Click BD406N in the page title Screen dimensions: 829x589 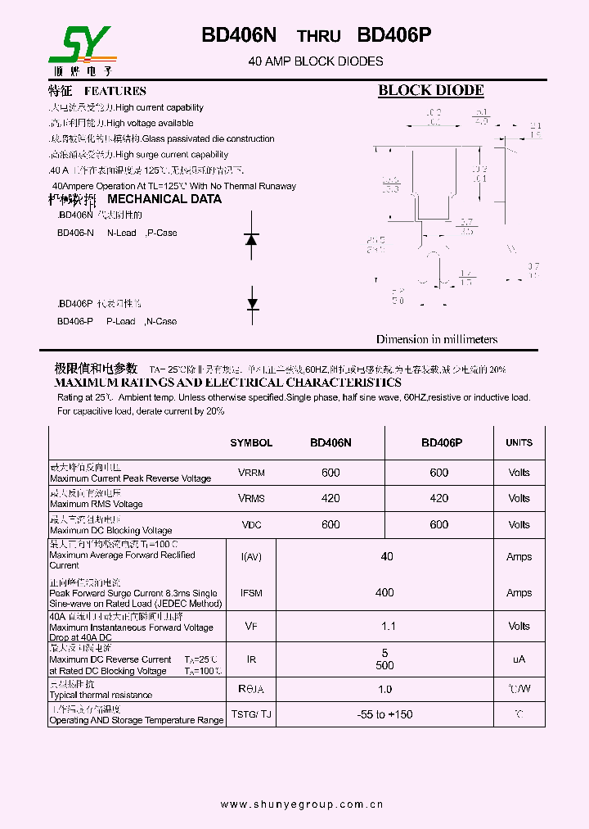239,35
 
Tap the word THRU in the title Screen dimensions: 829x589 317,36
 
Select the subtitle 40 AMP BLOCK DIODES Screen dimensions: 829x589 315,61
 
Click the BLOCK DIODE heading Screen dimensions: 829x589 430,91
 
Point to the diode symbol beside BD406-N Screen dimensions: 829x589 252,238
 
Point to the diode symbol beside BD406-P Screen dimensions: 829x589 253,304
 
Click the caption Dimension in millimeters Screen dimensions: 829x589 436,339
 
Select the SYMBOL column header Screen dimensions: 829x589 251,442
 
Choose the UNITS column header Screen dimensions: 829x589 519,442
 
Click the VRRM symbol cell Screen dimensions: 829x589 251,473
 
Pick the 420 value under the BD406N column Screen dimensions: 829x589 330,498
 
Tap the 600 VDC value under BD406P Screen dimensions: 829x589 439,524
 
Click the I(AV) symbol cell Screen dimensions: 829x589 251,557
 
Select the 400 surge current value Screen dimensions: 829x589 384,592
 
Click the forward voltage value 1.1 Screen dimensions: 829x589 388,626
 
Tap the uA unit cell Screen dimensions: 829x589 519,659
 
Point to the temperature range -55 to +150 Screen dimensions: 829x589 384,714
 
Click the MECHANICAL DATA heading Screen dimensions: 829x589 164,199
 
